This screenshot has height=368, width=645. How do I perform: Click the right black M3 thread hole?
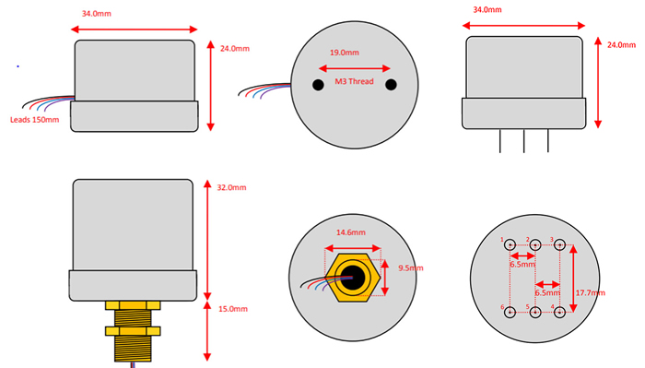point(391,85)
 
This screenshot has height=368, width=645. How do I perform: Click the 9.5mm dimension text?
point(410,269)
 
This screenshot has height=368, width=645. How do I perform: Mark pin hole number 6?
point(510,312)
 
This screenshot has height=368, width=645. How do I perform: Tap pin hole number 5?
point(535,312)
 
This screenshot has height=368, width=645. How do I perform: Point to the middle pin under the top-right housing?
point(524,140)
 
